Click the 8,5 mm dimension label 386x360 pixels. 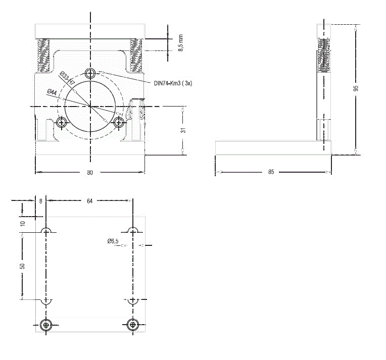181,43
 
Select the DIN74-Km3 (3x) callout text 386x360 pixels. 173,83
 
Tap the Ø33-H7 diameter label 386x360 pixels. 67,78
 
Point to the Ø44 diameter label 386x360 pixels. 52,92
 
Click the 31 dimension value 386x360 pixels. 183,130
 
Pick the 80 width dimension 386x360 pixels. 90,173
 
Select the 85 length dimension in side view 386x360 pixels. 271,172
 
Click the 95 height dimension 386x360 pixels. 356,88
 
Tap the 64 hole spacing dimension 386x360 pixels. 89,201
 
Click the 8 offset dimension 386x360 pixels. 40,201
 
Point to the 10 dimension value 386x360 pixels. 22,224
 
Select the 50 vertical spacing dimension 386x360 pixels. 22,266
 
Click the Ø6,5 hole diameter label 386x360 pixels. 113,241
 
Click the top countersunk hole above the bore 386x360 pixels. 90,73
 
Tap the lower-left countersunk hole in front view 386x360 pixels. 61,122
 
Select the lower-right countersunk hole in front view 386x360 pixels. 119,122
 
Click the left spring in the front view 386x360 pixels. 43,56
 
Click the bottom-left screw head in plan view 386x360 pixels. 46,325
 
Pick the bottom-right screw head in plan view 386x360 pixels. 133,325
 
